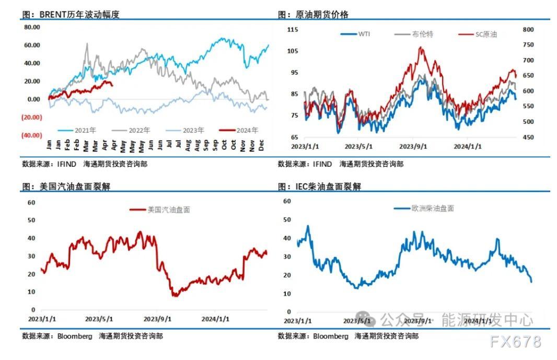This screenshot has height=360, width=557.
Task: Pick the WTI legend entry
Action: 357,34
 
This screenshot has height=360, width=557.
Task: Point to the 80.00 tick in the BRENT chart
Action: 32,27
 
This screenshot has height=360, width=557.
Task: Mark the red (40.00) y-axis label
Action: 32,135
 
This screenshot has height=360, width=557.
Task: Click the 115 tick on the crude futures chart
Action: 293,29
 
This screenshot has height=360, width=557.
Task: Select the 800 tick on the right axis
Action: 528,30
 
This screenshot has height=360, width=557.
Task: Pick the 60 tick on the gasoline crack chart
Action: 31,203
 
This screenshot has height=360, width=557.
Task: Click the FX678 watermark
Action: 516,342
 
